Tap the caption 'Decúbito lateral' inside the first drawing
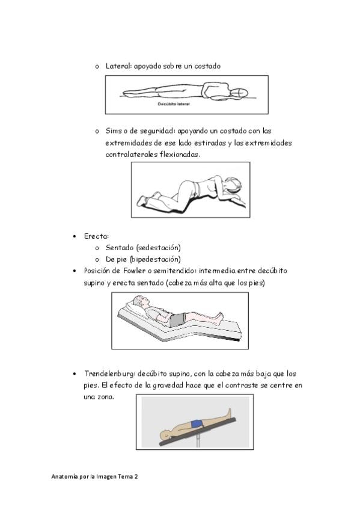tap(174, 104)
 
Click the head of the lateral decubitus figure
tap(239, 93)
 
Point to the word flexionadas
tap(180, 155)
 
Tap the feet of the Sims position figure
tap(144, 200)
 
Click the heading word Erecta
tap(96, 236)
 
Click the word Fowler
tap(134, 271)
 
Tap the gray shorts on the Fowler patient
tap(177, 320)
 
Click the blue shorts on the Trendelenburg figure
tap(197, 424)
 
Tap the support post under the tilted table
tap(198, 441)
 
